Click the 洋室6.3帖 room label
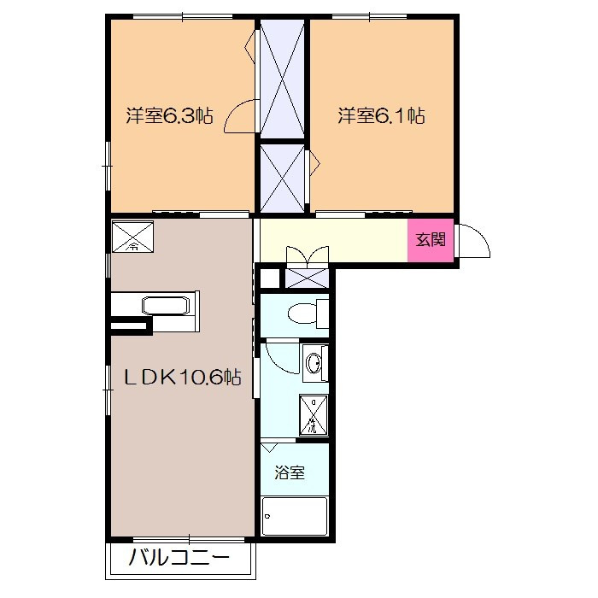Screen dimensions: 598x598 (169, 115)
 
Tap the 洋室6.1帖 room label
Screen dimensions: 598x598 (381, 115)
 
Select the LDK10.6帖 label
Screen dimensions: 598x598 (183, 378)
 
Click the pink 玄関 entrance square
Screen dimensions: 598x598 (431, 240)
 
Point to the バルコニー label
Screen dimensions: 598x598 (179, 558)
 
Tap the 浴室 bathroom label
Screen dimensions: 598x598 (290, 473)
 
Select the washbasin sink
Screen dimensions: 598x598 (315, 362)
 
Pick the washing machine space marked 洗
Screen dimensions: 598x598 (314, 415)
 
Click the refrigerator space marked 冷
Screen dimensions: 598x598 (132, 237)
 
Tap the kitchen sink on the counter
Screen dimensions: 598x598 (166, 306)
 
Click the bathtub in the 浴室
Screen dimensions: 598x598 (295, 516)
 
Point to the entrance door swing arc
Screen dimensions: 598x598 (480, 237)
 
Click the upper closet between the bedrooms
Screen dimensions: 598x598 (282, 79)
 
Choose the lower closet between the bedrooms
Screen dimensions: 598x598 (282, 178)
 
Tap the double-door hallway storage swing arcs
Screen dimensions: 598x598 (308, 254)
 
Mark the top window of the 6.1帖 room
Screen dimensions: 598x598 (369, 16)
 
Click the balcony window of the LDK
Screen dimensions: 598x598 (189, 540)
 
